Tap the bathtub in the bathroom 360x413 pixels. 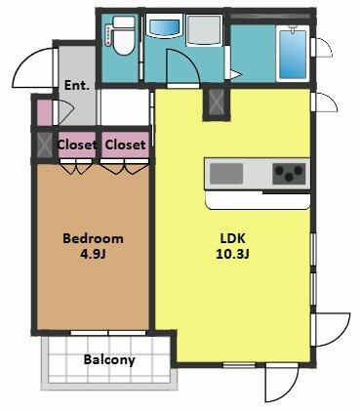coord(292,54)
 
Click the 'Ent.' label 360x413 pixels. coord(77,86)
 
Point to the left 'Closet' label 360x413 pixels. coord(77,145)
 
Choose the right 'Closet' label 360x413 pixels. coord(125,145)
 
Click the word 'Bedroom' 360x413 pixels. coord(93,238)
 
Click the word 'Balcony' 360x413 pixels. coord(109,359)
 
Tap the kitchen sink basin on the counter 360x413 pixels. coord(226,174)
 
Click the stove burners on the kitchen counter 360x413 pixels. coord(289,175)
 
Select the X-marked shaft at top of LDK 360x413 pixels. coord(216,102)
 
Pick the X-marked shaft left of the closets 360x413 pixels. coord(43,145)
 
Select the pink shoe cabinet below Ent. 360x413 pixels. coord(44,112)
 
